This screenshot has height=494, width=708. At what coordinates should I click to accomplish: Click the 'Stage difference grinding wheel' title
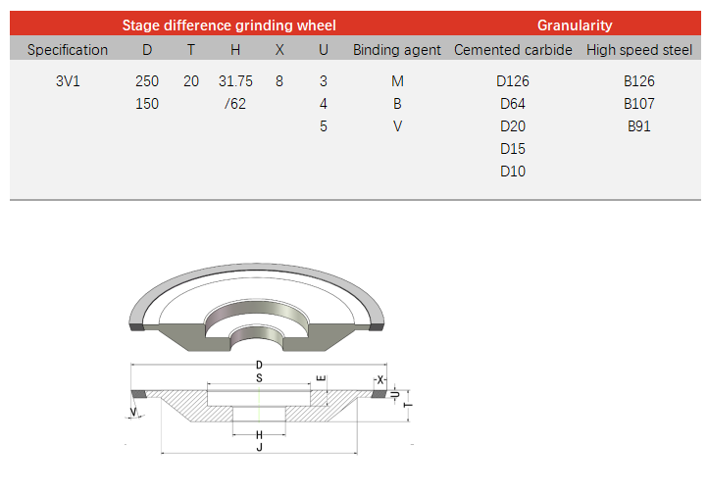(228, 25)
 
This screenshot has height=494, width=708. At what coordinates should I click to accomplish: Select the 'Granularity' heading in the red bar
(575, 25)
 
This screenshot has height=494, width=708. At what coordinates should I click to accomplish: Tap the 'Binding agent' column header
(397, 50)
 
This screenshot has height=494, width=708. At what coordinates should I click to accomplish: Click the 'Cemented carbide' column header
(513, 50)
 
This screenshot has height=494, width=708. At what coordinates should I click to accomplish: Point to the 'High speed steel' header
(639, 50)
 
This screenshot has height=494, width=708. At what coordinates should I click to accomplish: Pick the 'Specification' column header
(68, 50)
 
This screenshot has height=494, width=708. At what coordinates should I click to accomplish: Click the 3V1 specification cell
(68, 81)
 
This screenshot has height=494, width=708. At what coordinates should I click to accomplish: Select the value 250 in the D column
(147, 81)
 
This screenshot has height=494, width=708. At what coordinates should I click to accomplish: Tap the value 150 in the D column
(147, 104)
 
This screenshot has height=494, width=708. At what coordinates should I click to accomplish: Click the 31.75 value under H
(235, 81)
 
